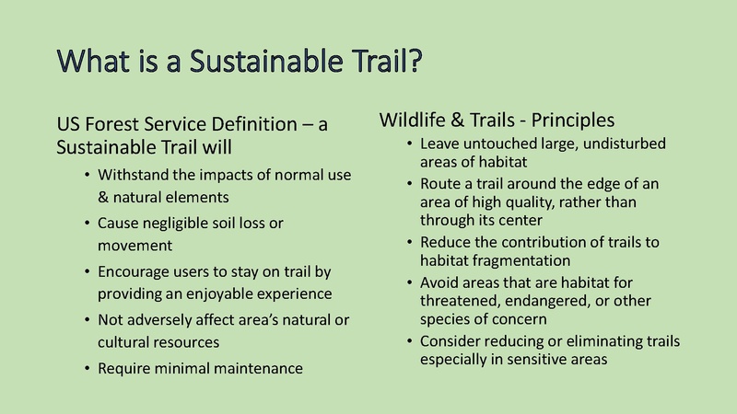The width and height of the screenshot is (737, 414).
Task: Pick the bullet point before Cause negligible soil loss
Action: tap(86, 224)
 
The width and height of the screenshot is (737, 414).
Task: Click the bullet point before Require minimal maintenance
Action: tap(86, 368)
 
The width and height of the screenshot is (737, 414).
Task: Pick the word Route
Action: tap(440, 184)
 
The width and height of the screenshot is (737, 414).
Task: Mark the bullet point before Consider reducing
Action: tap(408, 341)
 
